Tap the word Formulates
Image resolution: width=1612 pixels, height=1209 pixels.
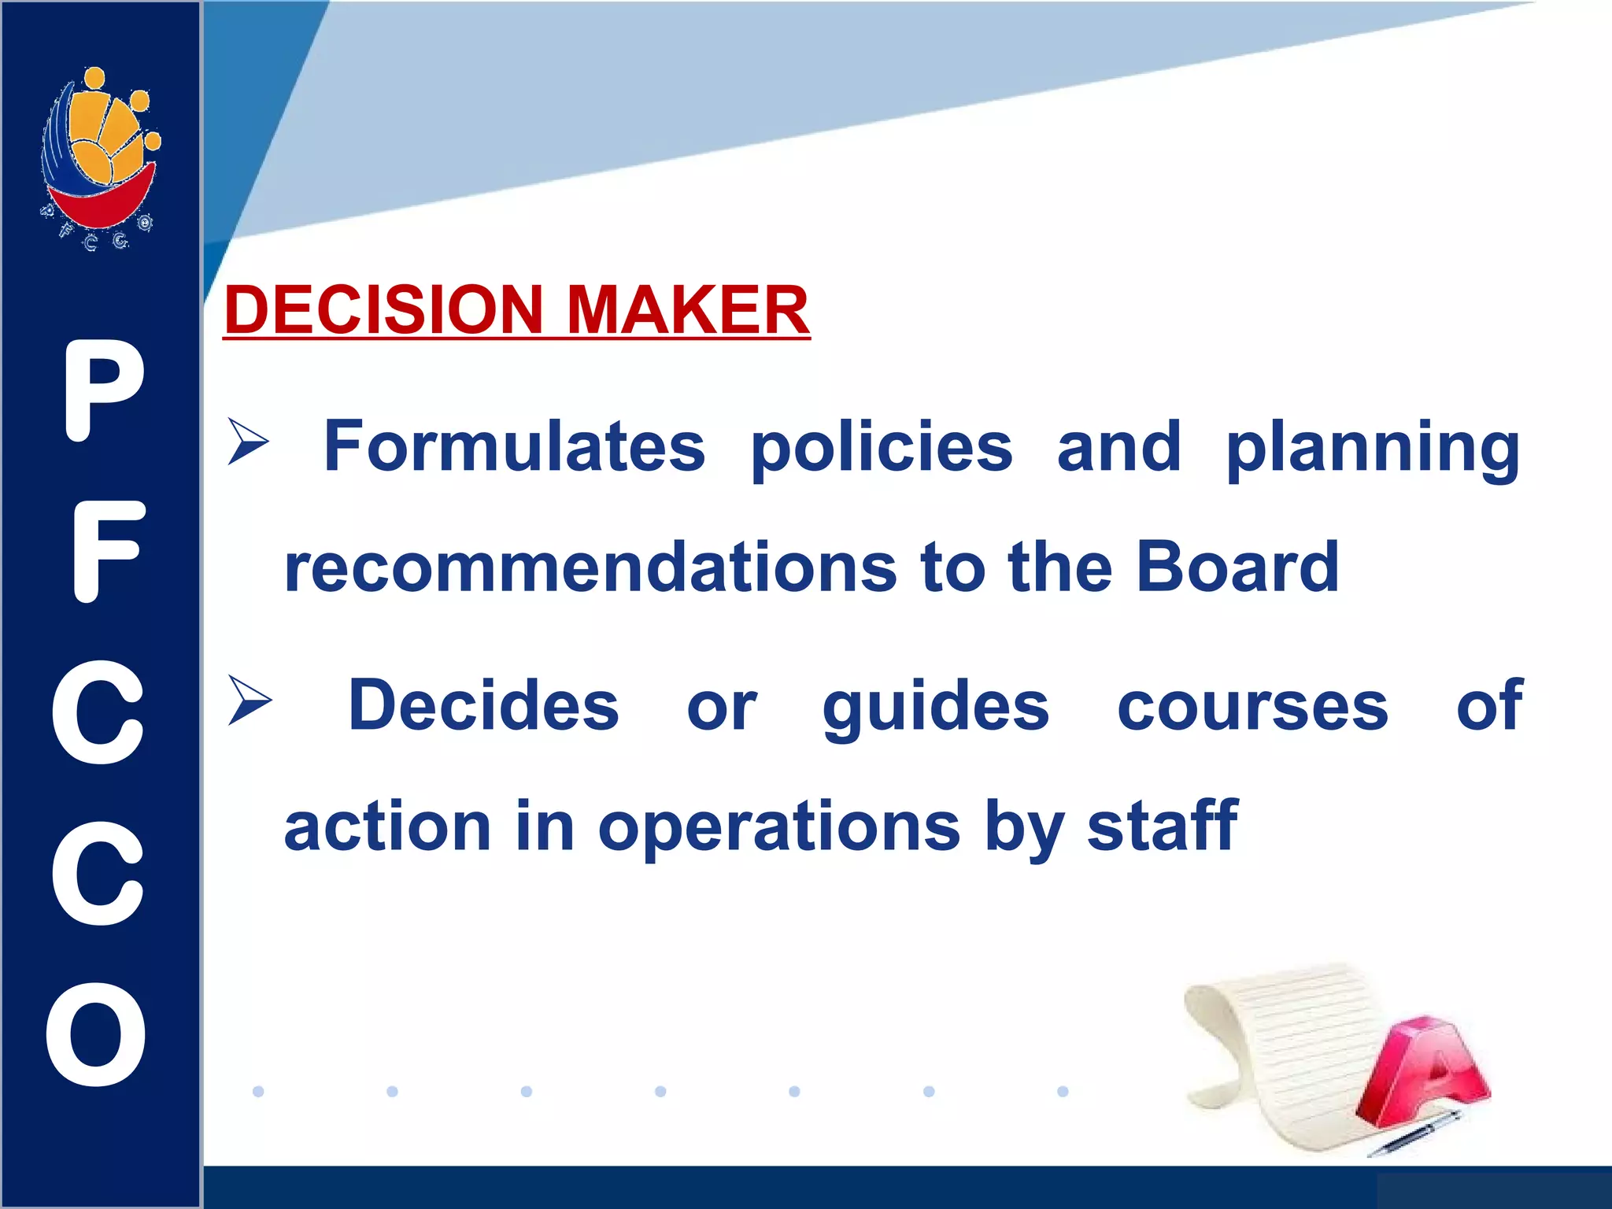(514, 446)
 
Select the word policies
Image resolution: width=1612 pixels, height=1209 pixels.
(882, 448)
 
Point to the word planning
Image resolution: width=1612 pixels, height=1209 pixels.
(1373, 448)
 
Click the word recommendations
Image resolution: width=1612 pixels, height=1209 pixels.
(590, 568)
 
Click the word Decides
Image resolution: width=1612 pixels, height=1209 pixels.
(483, 705)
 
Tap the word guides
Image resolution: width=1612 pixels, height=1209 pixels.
(935, 707)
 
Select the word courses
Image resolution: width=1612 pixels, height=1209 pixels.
(1252, 707)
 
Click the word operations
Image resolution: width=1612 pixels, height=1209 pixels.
(778, 828)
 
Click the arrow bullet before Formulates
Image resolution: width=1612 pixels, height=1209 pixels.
(249, 442)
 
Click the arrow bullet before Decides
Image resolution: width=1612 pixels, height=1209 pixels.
(250, 700)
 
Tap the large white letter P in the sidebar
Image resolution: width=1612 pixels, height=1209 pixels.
(103, 390)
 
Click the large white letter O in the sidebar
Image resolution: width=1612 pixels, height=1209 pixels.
(97, 1034)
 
